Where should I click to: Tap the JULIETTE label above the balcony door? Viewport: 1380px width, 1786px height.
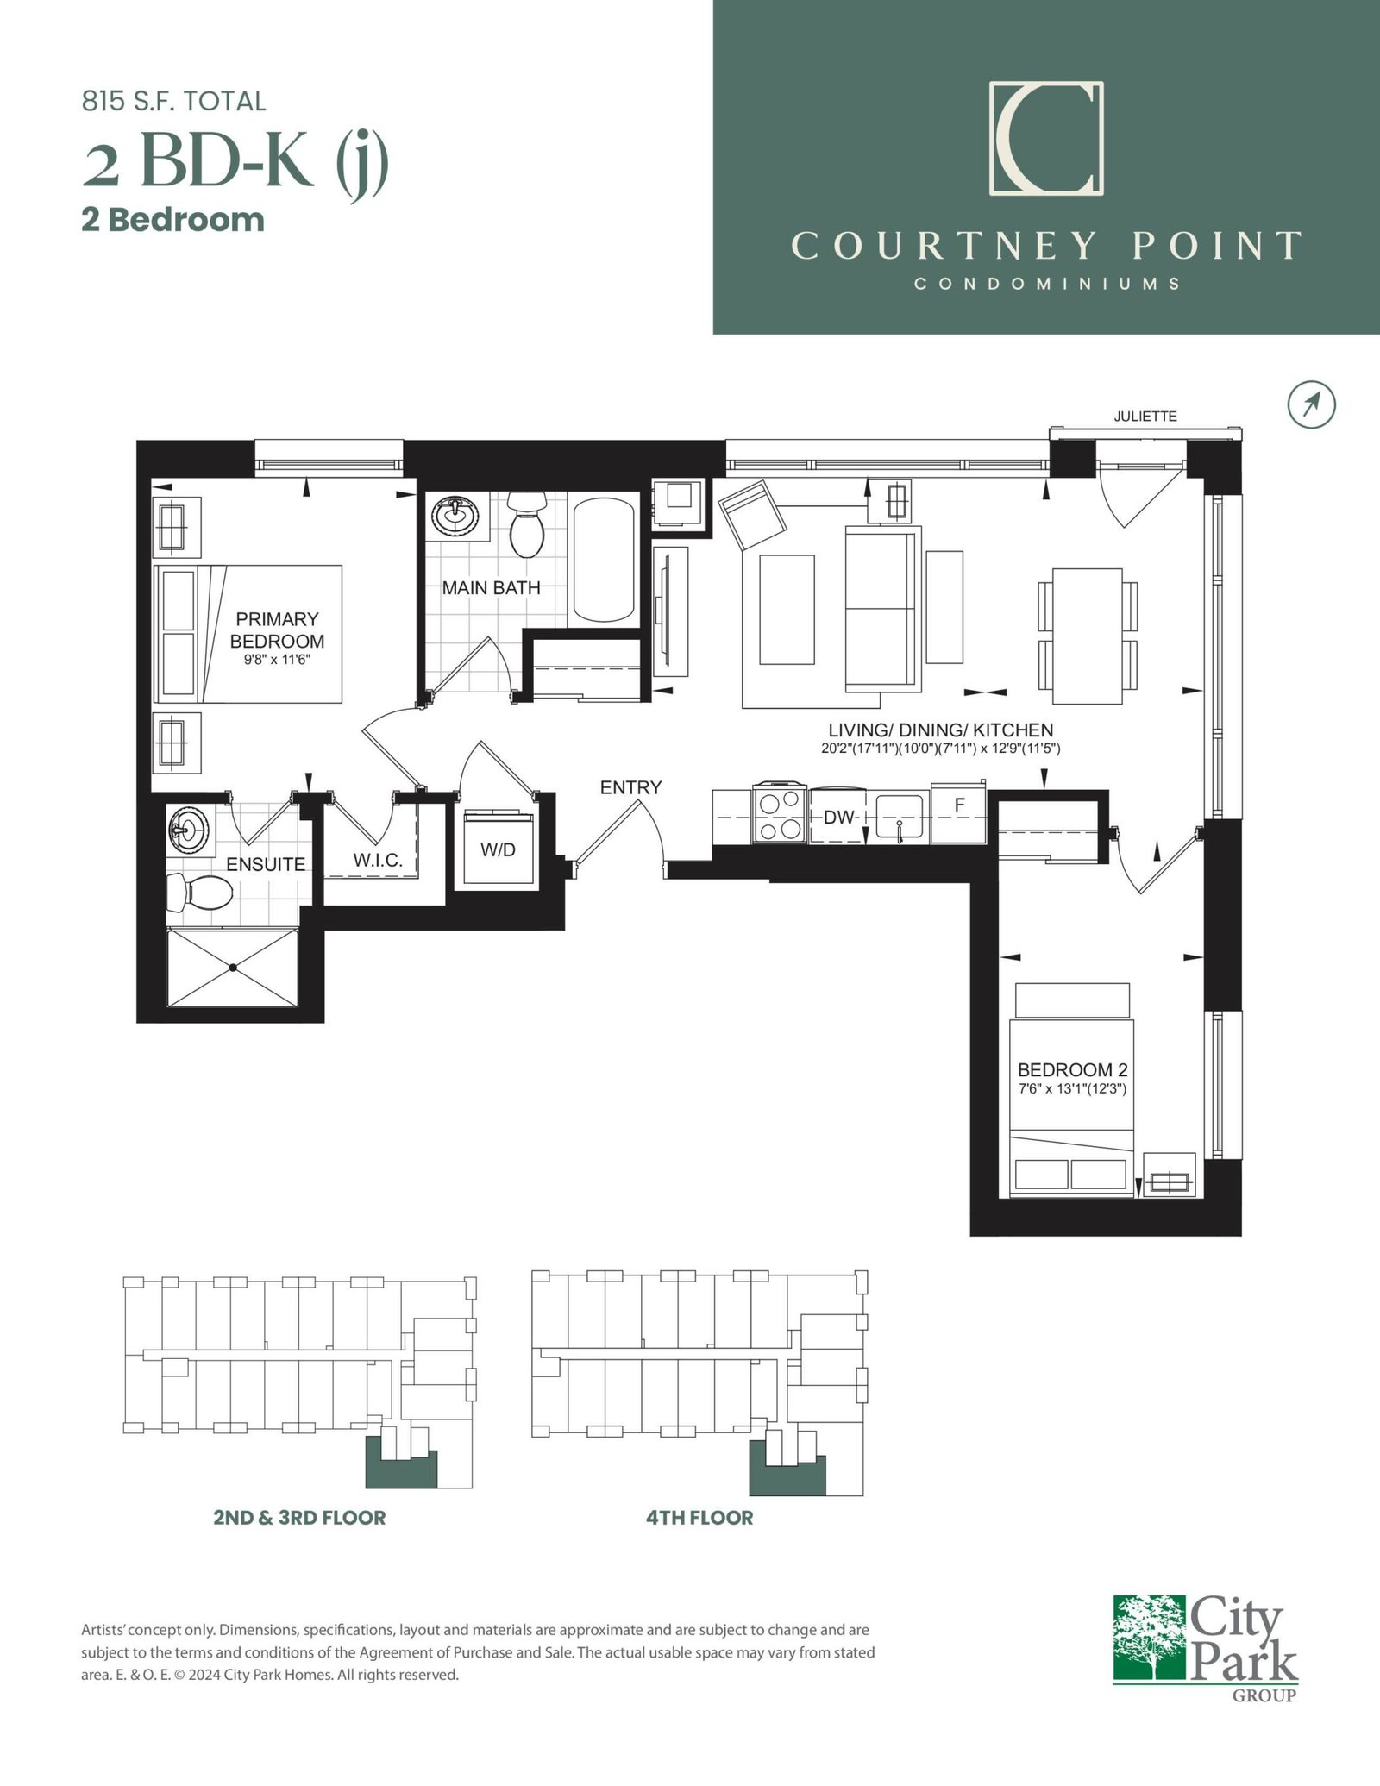(x=1145, y=417)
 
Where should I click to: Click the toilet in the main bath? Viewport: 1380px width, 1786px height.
(x=524, y=523)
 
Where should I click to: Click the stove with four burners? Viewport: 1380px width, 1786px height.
(x=780, y=814)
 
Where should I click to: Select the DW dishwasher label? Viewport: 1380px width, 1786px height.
(x=837, y=818)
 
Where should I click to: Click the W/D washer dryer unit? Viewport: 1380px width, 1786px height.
(x=498, y=848)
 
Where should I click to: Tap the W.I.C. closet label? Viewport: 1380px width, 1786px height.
(x=374, y=860)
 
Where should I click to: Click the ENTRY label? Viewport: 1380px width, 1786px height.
(x=631, y=787)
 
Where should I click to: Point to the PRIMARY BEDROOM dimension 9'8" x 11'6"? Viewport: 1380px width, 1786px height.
(x=277, y=660)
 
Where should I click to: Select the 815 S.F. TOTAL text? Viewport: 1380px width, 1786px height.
(x=174, y=102)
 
